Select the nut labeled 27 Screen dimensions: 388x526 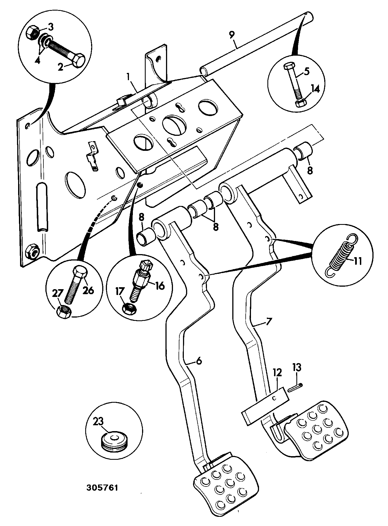click(x=64, y=312)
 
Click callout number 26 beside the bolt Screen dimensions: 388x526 click(x=88, y=290)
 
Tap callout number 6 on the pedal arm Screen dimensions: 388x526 click(x=199, y=361)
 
